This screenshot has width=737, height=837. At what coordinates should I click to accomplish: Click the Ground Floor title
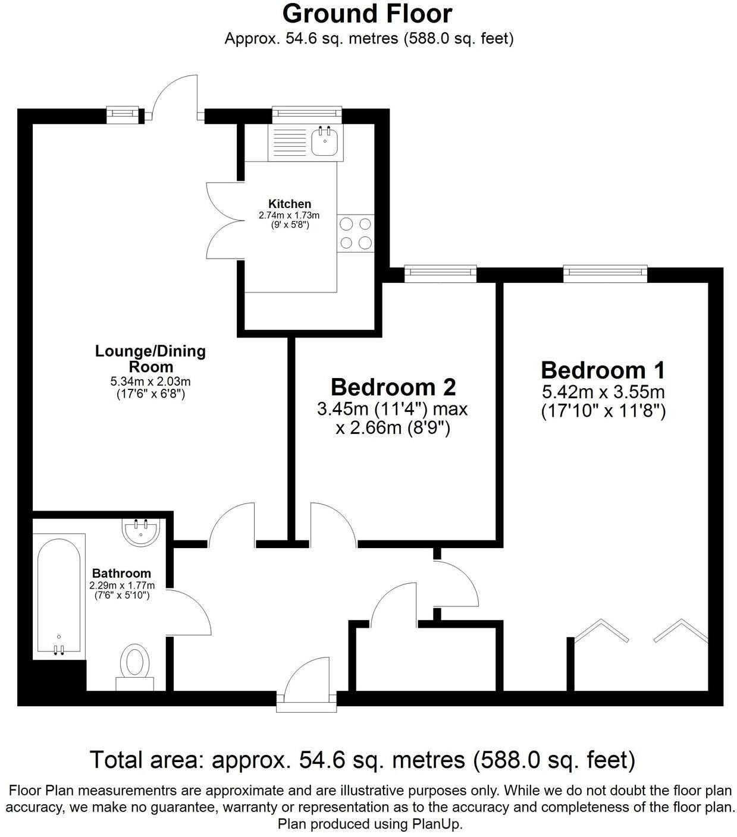click(367, 14)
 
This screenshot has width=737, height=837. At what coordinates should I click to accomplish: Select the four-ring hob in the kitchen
click(356, 233)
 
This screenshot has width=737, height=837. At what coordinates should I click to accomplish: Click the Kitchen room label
click(289, 204)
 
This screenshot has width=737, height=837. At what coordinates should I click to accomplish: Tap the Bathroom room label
click(121, 574)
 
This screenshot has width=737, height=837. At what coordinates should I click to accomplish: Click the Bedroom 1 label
click(603, 370)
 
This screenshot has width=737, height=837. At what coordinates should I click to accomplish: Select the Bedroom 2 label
click(393, 387)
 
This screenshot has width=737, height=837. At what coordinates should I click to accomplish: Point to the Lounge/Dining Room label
click(150, 358)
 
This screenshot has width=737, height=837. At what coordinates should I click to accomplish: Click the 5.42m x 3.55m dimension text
click(603, 392)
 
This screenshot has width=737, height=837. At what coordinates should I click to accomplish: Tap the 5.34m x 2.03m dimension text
click(150, 381)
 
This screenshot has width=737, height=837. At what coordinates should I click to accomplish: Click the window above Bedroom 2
click(440, 273)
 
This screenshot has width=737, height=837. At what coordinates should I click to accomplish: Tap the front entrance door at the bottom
click(307, 684)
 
